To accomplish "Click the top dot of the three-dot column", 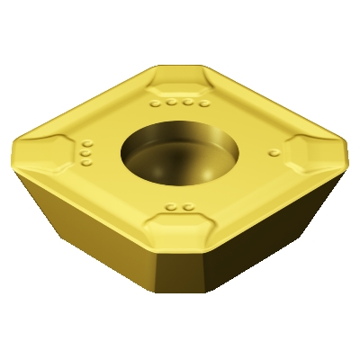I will point(87,145).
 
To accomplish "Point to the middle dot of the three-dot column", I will point(85,154).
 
